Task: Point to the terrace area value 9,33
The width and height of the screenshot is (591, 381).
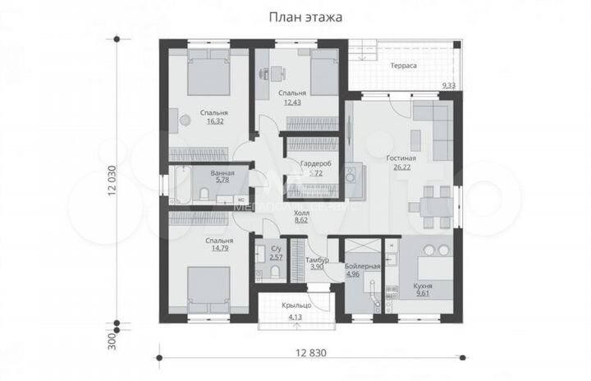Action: (450, 85)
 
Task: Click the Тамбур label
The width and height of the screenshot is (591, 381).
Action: (318, 259)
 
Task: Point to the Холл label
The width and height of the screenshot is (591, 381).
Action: (300, 212)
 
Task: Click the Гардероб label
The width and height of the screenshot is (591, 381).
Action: (315, 164)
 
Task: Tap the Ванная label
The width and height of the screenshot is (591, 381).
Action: (222, 173)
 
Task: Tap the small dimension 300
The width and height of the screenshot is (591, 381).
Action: (108, 339)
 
